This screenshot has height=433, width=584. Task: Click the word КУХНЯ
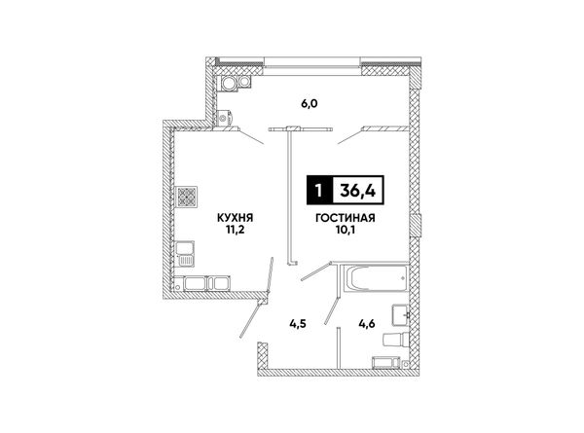coord(235,217)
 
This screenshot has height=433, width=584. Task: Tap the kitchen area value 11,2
coord(235,230)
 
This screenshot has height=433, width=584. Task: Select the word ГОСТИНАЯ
coord(345,218)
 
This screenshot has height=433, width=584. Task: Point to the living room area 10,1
coord(346,230)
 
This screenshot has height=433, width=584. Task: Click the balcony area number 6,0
coord(310,103)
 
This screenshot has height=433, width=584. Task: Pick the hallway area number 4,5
coord(298,324)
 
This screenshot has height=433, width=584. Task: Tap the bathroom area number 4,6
coord(367,324)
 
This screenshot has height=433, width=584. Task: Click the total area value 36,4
coord(357,191)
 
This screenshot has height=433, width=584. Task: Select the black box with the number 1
coord(319,191)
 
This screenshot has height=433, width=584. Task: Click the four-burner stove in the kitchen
coord(186,197)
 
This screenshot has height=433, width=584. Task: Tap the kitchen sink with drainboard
coord(185,254)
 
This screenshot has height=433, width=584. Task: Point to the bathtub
coord(376,278)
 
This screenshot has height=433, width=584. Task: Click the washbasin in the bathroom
coord(400,315)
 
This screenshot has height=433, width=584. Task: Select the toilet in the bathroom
coord(396,340)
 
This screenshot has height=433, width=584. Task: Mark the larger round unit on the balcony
coord(228,83)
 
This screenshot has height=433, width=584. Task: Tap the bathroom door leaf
coord(332,310)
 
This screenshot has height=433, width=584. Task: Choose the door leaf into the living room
coord(315,271)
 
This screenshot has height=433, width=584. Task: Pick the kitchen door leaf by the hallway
coord(270,274)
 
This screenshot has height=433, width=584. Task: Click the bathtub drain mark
coord(402,278)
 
